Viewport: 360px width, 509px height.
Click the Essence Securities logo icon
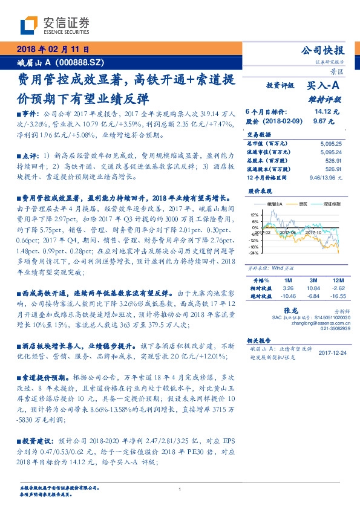coord(30,25)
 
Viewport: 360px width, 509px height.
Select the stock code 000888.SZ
coord(80,61)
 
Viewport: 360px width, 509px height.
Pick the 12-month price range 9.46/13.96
coord(325,178)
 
